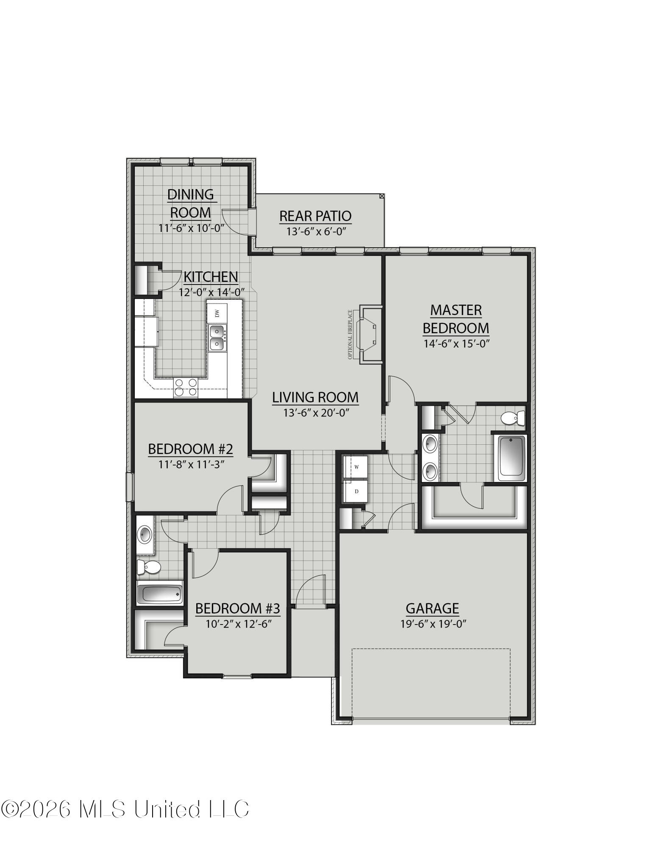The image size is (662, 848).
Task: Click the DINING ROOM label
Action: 190,203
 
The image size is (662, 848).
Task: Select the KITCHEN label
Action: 211,277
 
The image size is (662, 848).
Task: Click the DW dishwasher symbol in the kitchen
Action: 217,313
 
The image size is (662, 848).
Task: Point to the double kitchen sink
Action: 217,338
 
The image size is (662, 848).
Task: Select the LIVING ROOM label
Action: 315,397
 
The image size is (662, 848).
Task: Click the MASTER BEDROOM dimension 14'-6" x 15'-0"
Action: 456,344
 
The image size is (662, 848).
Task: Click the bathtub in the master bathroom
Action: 512,458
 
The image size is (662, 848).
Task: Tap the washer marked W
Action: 356,467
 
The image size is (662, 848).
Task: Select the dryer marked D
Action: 356,491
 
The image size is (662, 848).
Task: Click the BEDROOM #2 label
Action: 190,449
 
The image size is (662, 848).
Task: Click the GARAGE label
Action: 432,608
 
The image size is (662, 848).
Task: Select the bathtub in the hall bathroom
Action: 160,594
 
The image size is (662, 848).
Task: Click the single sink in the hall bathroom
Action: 145,534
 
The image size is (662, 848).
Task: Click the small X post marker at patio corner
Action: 382,196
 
